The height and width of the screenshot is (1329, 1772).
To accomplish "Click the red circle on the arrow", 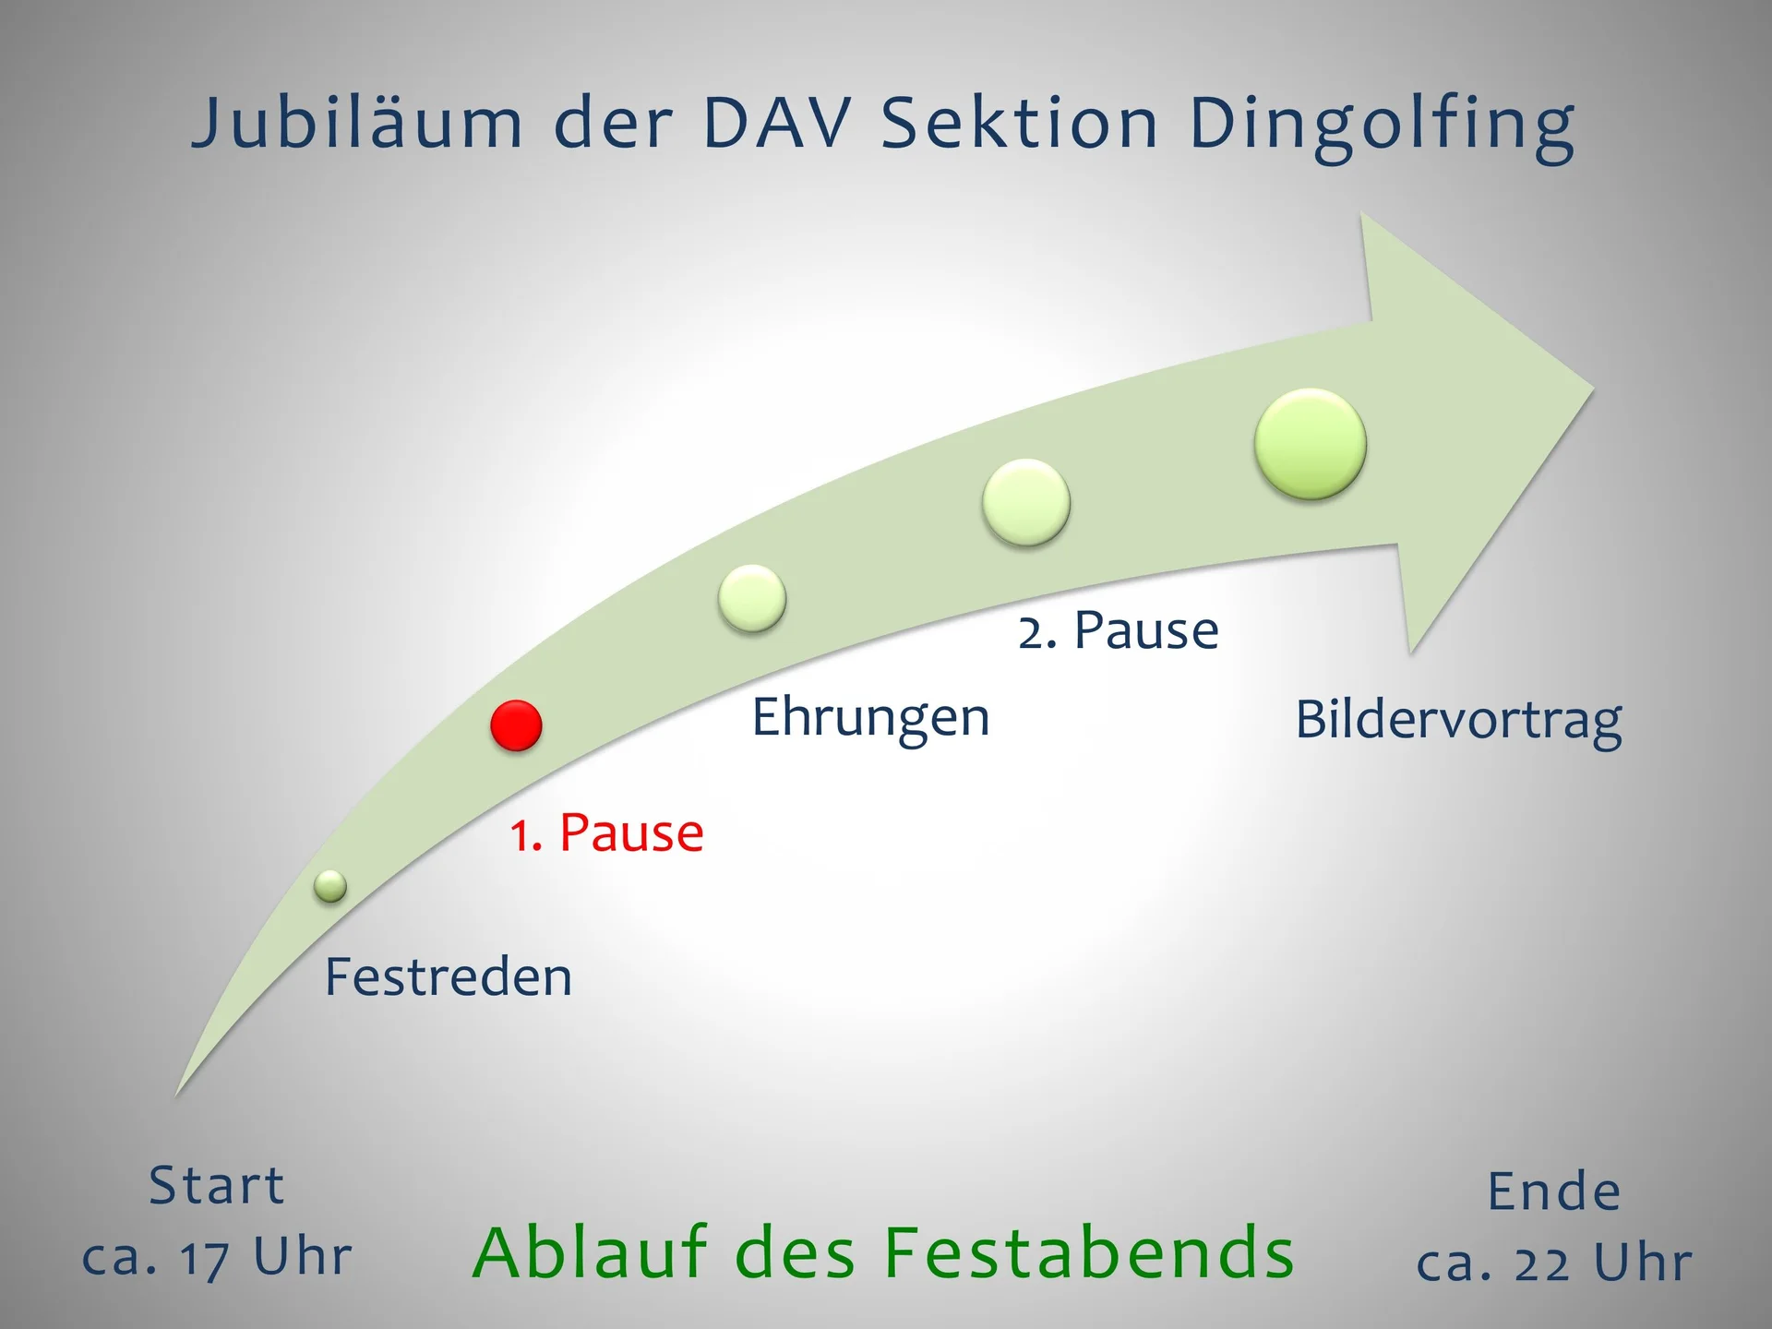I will [516, 725].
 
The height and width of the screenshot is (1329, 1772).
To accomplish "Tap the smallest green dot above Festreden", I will [330, 886].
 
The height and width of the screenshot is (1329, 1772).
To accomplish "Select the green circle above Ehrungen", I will [752, 598].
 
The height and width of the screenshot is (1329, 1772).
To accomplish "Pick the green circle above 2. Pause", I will [1026, 503].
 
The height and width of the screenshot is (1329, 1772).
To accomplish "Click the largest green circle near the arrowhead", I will [1311, 444].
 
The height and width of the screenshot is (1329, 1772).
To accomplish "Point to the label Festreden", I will [449, 976].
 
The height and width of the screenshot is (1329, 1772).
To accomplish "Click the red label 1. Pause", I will [607, 832].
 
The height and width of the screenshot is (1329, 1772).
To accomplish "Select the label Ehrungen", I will [870, 717].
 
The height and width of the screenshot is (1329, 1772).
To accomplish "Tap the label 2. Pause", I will [1119, 630].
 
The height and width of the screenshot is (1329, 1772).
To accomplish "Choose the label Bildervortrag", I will [1458, 720].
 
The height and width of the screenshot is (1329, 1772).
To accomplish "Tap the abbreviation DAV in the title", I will [776, 124].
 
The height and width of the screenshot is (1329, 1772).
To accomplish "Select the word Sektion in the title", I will [1020, 124].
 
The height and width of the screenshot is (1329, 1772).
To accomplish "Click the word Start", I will [217, 1185].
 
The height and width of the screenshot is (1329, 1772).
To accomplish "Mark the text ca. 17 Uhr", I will [217, 1257].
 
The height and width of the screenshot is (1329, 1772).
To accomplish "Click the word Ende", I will [1554, 1191].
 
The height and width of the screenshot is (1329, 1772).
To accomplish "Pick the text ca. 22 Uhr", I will [1554, 1263].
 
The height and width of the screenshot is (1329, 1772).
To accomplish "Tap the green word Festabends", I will [1089, 1252].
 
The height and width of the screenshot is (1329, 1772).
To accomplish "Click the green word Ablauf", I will [592, 1252].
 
